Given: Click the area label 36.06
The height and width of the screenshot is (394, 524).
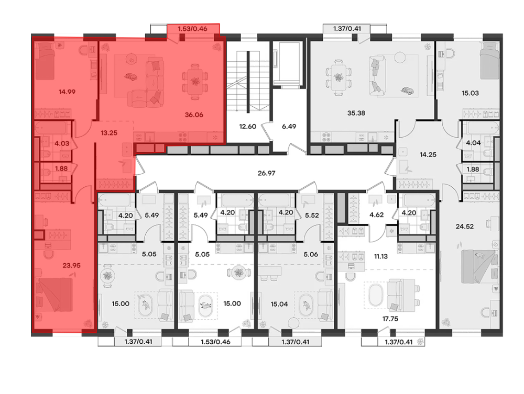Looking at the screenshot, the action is (x=194, y=115).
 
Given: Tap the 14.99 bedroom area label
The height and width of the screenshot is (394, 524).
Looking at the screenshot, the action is (x=67, y=92).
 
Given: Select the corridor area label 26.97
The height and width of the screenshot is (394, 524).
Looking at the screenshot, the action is (x=266, y=173).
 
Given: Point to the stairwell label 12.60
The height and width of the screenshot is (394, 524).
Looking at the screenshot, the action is (x=248, y=127).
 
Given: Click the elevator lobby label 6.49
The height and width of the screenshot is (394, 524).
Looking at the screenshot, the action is (x=289, y=127).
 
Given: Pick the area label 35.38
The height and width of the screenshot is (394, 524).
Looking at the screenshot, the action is (x=356, y=113).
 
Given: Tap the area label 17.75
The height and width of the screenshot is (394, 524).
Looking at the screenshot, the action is (x=390, y=319).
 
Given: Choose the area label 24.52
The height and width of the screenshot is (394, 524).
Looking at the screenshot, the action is (x=465, y=227).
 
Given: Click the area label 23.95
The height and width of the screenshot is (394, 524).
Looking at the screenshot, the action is (x=71, y=266).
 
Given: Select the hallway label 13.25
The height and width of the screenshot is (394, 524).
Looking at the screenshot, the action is (x=109, y=133).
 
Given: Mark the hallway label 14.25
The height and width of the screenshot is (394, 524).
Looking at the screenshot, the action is (x=428, y=155).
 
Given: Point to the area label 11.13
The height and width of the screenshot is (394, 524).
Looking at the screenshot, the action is (x=381, y=256).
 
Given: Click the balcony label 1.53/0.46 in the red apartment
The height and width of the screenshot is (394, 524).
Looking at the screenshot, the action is (x=192, y=29).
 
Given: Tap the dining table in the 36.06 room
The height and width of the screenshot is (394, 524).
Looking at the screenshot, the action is (x=194, y=81).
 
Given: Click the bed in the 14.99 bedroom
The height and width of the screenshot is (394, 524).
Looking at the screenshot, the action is (x=45, y=61).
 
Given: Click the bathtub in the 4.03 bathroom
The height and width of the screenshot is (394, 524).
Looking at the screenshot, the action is (x=52, y=128).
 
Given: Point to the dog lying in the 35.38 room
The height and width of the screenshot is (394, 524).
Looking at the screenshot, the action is (x=407, y=91).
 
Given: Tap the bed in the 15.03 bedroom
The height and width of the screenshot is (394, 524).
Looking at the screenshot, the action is (x=490, y=61).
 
